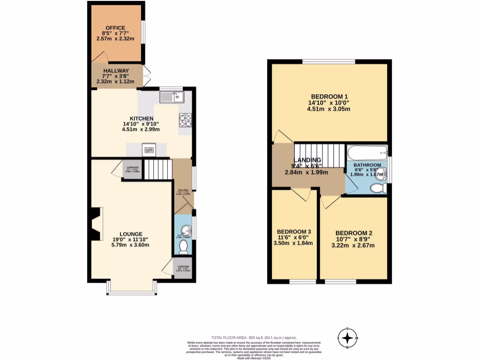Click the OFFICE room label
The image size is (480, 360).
(115, 28)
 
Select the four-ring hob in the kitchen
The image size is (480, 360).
(185, 120)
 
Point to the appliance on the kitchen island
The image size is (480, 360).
(150, 150)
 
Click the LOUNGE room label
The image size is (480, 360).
(131, 234)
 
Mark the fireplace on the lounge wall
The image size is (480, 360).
(96, 224)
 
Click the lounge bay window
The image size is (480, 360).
(131, 292)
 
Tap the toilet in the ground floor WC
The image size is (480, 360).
(183, 247)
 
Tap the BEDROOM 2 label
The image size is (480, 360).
(353, 233)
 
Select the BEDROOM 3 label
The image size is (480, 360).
(294, 232)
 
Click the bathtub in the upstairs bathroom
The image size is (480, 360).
(367, 152)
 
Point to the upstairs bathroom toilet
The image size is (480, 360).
(378, 188)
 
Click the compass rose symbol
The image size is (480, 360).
(347, 337)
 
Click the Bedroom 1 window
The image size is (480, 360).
(329, 61)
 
